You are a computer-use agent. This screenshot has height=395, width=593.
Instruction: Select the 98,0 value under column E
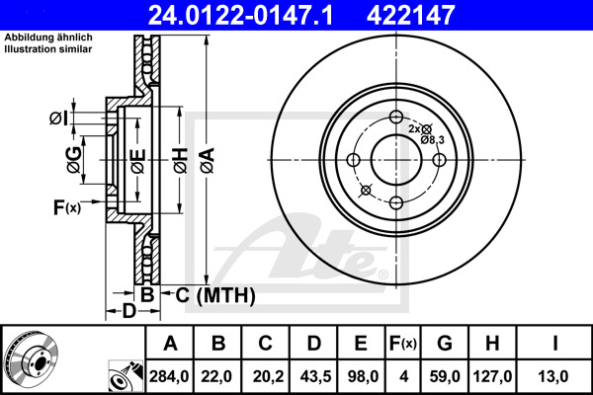tap(361, 375)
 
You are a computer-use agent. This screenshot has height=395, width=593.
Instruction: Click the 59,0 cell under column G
tap(445, 375)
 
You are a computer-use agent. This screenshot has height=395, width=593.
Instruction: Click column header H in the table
tap(493, 344)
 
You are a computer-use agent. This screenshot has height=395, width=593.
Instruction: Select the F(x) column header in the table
tap(402, 344)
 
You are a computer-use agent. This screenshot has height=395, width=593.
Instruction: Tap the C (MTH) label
tap(209, 295)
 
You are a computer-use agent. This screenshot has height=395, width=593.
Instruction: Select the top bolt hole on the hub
tap(395, 117)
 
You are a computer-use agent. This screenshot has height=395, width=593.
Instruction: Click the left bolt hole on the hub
tap(353, 160)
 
